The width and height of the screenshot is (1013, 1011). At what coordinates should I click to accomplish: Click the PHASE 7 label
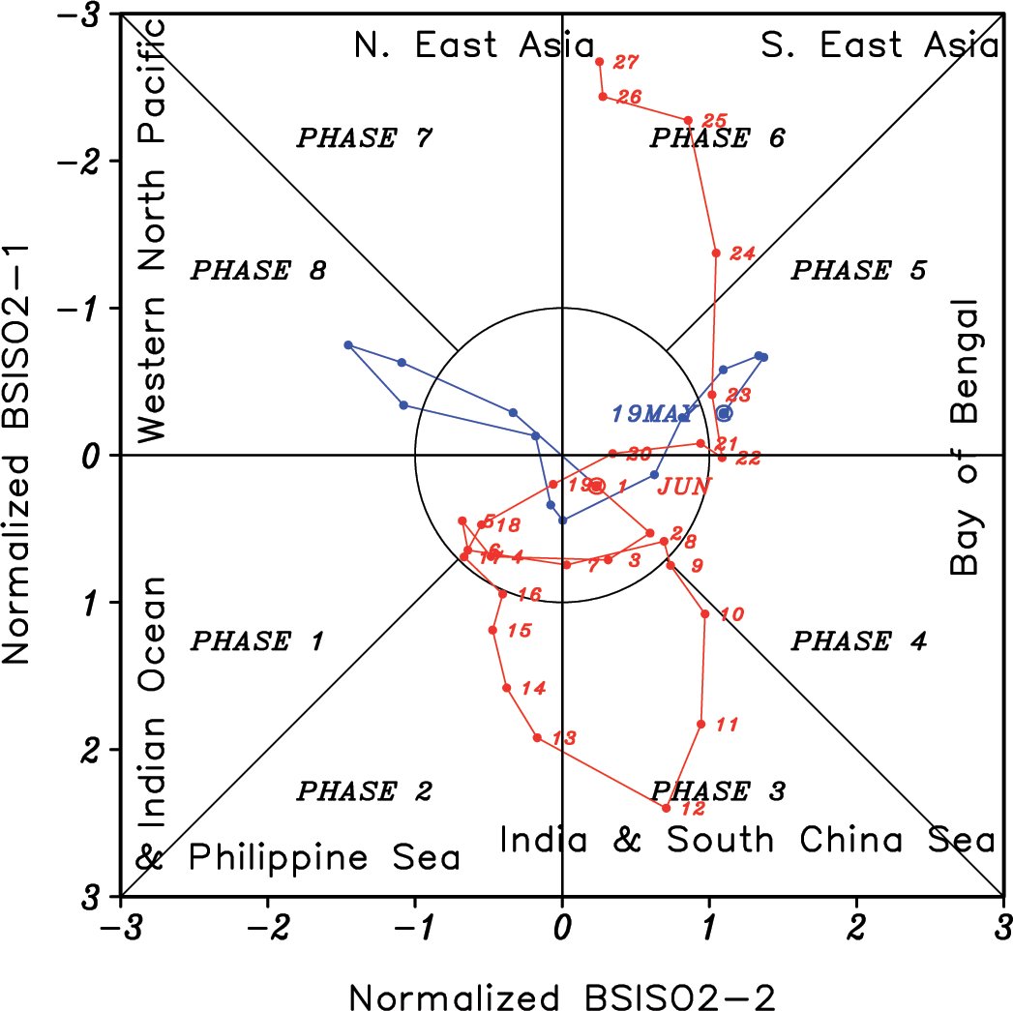(x=363, y=137)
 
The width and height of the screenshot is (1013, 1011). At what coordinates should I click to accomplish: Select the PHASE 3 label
(x=717, y=791)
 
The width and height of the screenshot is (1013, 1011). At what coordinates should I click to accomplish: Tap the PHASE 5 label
(x=858, y=270)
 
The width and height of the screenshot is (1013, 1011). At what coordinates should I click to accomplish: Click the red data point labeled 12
(x=667, y=808)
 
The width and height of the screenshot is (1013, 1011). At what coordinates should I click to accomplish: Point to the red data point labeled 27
(x=600, y=62)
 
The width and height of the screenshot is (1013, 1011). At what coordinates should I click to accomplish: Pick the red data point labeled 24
(x=716, y=253)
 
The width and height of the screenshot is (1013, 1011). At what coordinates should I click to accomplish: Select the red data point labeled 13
(x=537, y=738)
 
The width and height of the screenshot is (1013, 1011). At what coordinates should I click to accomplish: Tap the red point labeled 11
(x=701, y=724)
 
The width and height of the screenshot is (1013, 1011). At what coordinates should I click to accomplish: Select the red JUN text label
(x=684, y=486)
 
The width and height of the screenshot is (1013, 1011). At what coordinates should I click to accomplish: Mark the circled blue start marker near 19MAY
(x=724, y=413)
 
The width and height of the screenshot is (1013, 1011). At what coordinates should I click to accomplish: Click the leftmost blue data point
(x=348, y=345)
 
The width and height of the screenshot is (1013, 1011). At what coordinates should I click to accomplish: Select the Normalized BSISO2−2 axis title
(x=562, y=994)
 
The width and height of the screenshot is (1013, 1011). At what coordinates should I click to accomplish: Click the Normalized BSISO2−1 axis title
(x=21, y=455)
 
